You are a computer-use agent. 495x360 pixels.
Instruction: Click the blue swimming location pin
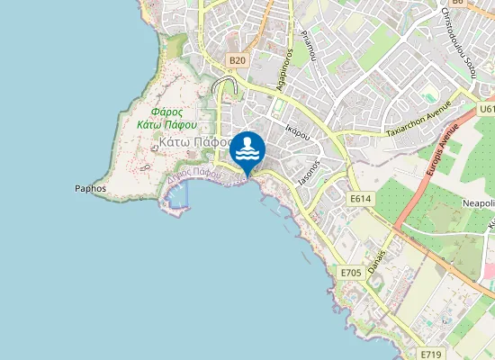(x=248, y=149)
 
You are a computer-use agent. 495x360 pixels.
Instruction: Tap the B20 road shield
(x=237, y=60)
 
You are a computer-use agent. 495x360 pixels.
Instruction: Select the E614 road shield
(x=360, y=199)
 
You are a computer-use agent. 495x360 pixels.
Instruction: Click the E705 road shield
(x=351, y=272)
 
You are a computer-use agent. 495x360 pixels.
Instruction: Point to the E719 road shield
(x=433, y=355)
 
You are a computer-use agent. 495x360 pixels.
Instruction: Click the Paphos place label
(x=91, y=189)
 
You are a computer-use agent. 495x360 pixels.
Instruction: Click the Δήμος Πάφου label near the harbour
(x=193, y=174)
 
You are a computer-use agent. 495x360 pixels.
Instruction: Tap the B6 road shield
(x=458, y=3)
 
